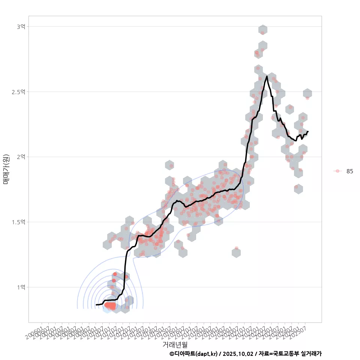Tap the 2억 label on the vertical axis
[x=21, y=157]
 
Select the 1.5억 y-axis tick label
[x=18, y=222]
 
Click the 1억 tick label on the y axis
[x=21, y=287]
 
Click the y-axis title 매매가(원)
[x=6, y=169]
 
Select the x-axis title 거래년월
[x=175, y=344]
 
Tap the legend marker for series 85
[x=337, y=171]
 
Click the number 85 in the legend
[x=349, y=171]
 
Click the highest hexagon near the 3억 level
[x=263, y=30]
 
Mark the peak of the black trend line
[x=267, y=76]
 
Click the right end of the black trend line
[x=308, y=132]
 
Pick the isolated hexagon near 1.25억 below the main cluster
[x=236, y=253]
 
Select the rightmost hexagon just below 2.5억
[x=307, y=94]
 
